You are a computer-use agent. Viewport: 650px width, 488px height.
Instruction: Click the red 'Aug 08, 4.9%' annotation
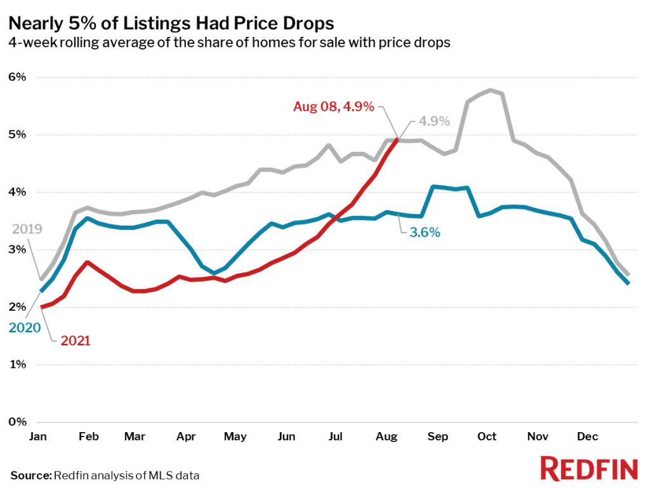334,107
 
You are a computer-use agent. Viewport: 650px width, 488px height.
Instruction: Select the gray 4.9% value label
434,121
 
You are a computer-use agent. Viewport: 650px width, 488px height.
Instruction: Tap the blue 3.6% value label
425,233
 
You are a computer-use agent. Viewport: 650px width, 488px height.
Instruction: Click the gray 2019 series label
27,229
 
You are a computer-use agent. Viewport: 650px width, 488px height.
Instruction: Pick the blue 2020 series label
25,328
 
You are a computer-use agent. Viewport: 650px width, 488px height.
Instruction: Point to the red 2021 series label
76,341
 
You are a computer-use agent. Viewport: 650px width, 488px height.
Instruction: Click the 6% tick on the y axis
17,77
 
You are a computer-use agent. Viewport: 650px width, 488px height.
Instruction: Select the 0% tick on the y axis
17,422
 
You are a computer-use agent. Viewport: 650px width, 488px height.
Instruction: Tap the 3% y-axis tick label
17,249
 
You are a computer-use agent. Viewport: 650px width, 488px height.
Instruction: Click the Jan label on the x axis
37,437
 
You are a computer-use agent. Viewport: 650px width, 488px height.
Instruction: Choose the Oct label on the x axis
487,437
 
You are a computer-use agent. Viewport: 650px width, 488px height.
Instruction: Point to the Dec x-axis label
587,437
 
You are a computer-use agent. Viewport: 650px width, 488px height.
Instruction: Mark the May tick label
235,437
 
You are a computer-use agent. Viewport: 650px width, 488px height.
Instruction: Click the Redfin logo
589,468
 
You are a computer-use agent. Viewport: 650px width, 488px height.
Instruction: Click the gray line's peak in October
491,90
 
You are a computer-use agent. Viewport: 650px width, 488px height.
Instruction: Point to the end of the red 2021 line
398,139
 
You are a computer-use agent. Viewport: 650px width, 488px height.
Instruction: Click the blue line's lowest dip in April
214,273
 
